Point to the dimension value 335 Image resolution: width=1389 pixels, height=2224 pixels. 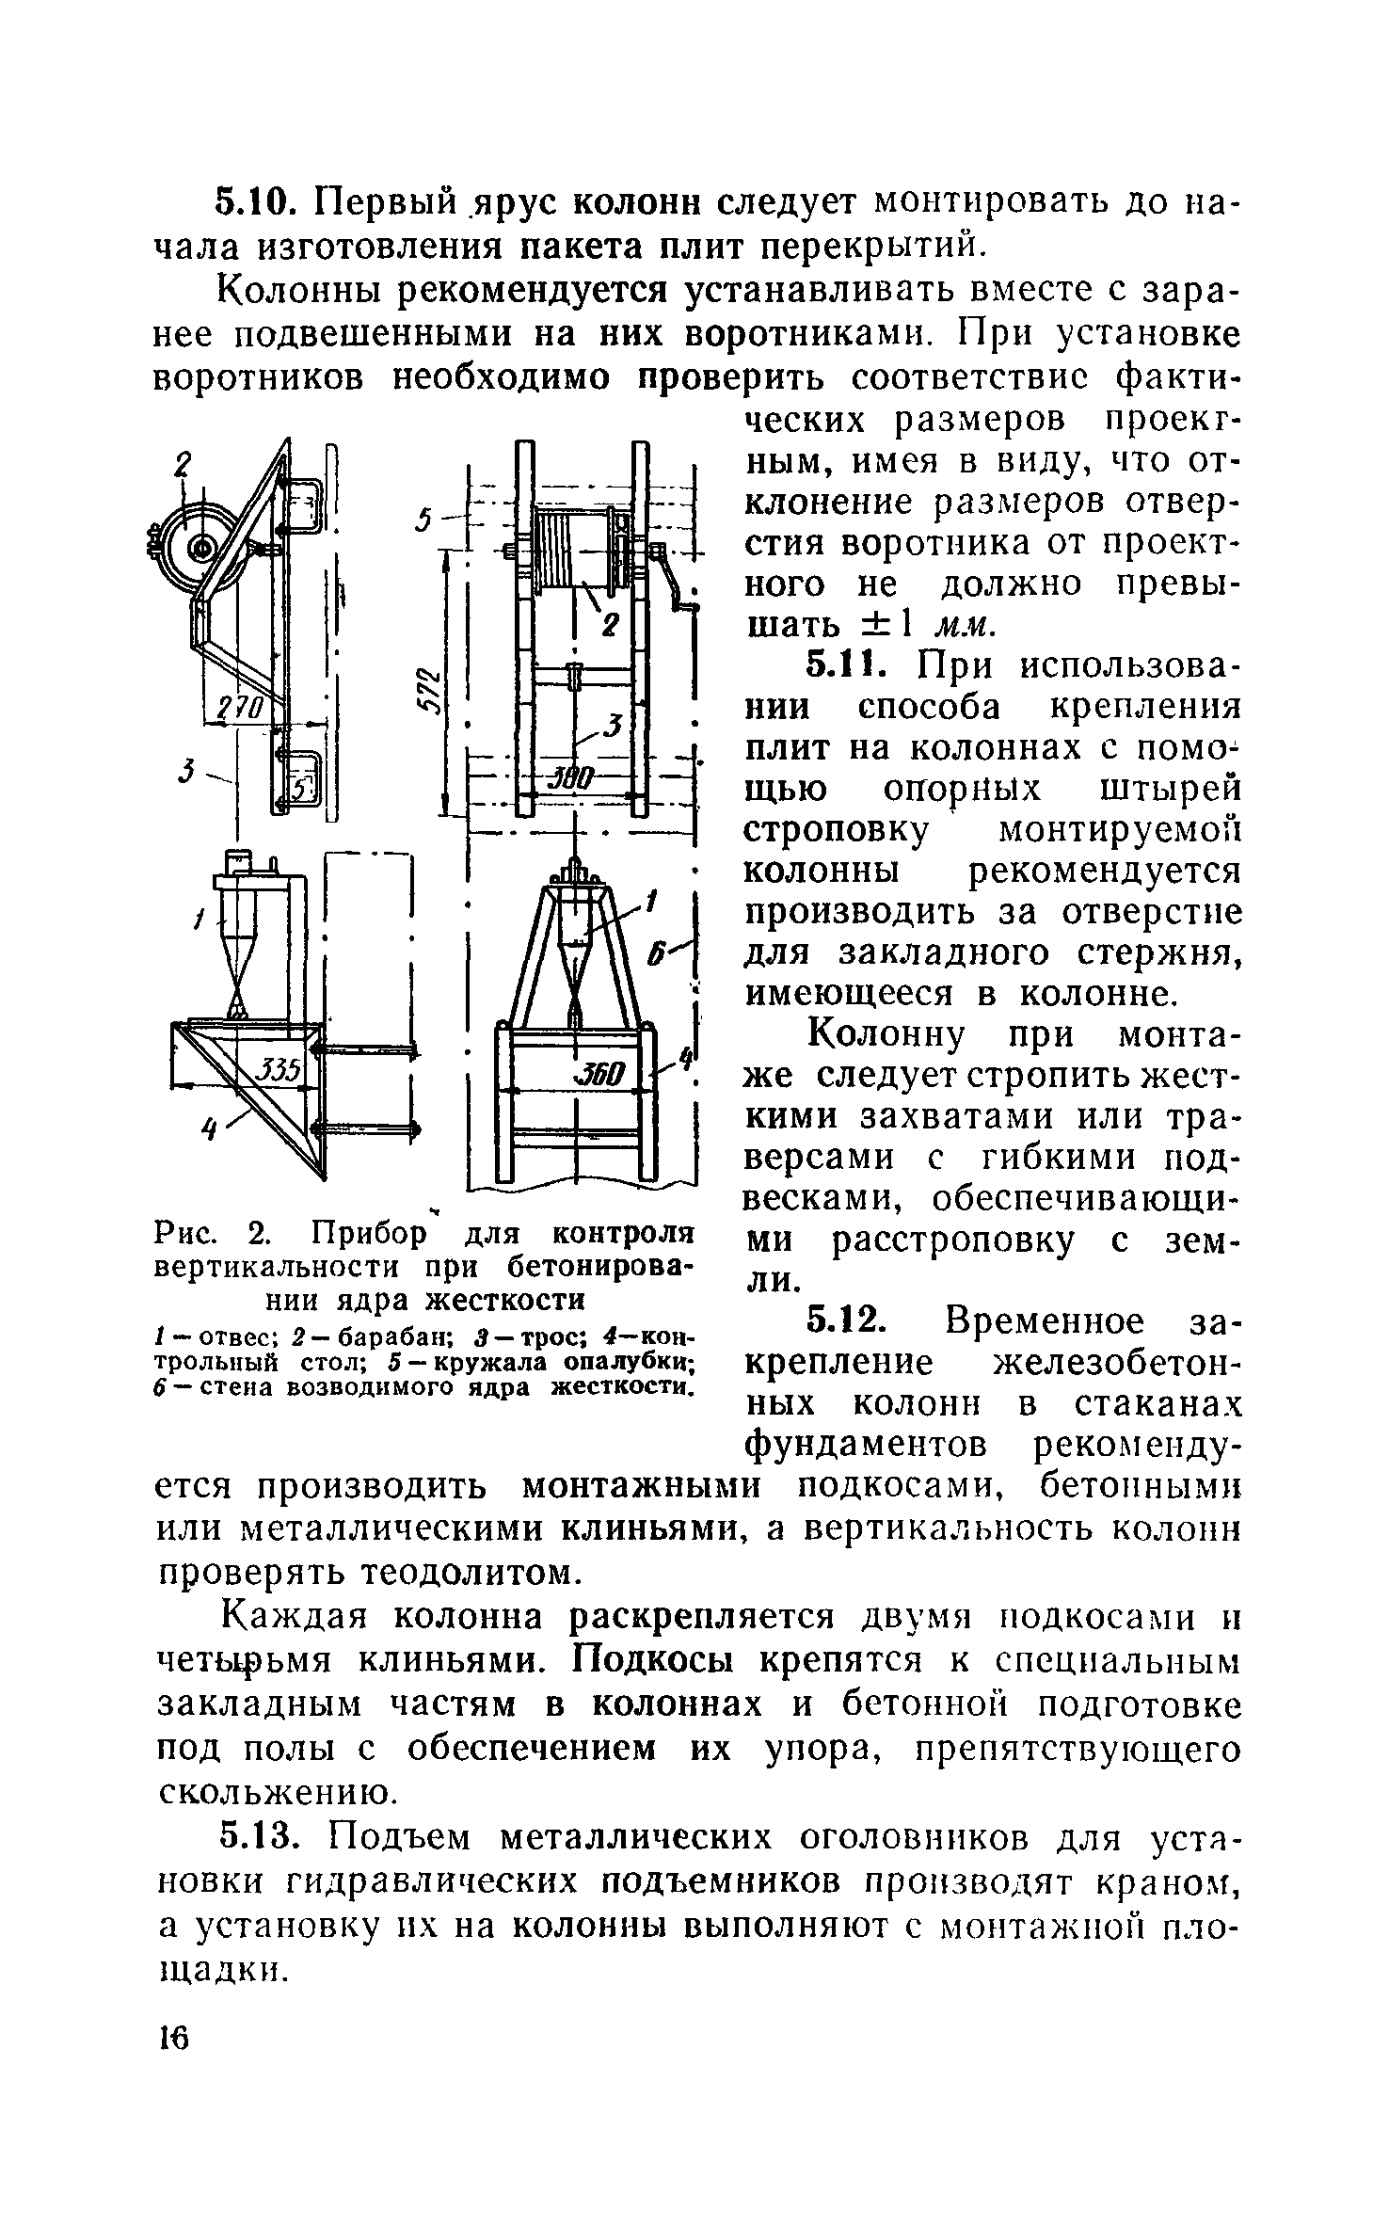(279, 1068)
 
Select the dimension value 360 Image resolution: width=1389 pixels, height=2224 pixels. (599, 1074)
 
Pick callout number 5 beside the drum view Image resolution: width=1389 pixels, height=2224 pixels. (426, 519)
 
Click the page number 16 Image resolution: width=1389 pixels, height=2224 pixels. (174, 2040)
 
